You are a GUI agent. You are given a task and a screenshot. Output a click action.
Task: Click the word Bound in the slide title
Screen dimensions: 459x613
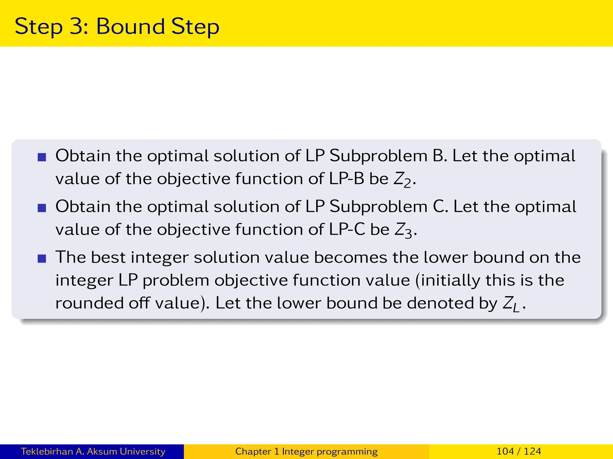[x=130, y=26]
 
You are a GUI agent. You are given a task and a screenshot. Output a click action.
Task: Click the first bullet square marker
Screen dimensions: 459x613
[x=42, y=157]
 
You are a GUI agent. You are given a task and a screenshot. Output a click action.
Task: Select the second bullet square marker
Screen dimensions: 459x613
[x=42, y=208]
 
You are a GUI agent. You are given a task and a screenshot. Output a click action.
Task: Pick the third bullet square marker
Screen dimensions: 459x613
[x=42, y=258]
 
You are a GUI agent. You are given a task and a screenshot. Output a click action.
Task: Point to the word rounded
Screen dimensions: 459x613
[x=89, y=303]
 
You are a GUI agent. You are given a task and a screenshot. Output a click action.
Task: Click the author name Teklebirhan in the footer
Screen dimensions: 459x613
[x=47, y=451]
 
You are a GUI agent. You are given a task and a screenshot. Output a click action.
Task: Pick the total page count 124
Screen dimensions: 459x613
[x=532, y=451]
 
